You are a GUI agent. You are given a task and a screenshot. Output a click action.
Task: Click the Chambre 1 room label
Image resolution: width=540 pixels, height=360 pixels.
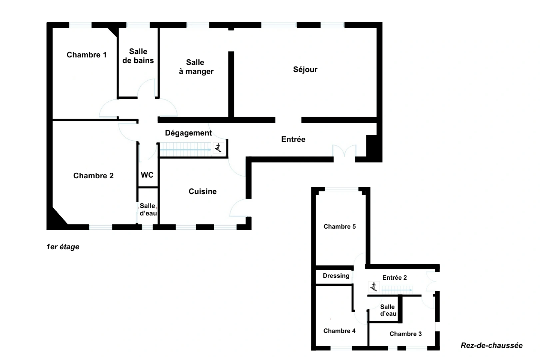coord(87,55)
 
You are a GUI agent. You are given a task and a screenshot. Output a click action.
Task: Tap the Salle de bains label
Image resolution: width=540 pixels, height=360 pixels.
coord(138,56)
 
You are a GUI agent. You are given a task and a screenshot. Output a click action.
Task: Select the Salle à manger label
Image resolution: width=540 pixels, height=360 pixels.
coord(196,67)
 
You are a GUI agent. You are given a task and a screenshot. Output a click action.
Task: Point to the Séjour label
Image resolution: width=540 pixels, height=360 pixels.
coord(305,69)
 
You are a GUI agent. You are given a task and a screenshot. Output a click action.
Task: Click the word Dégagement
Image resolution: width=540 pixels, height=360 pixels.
coord(188,133)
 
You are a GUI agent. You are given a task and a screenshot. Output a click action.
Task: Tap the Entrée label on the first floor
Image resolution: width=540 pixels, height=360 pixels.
coord(293,139)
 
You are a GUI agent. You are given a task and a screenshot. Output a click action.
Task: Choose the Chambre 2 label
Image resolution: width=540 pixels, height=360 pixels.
coord(93,176)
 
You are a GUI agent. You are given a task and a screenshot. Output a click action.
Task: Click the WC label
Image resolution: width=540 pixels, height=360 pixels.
coord(147,175)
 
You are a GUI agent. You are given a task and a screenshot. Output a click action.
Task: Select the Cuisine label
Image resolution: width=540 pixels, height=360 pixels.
coord(203,191)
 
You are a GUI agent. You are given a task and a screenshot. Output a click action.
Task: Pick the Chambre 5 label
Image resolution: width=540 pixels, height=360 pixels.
coord(339,227)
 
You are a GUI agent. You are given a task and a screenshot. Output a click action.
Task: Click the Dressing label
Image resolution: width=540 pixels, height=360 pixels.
coord(336,276)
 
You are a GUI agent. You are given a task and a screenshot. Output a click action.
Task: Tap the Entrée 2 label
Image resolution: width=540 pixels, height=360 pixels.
coord(394,278)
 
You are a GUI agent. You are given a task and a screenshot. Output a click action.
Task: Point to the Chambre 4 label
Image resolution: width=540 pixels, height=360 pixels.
coord(339,331)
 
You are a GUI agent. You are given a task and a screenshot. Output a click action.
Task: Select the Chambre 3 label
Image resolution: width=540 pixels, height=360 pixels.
coord(405,334)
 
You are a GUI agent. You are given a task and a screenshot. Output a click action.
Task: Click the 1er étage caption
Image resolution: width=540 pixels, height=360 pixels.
coord(63,247)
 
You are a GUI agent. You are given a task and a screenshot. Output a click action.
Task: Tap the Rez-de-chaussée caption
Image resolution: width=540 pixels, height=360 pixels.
coord(491,346)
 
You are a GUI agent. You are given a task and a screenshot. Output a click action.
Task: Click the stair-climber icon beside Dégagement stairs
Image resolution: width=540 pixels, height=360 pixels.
coord(218,148)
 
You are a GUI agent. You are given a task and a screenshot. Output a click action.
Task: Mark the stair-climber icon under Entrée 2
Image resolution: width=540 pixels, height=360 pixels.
coord(373,287)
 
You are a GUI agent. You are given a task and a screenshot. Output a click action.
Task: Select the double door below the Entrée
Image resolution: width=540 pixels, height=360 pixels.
coord(344,152)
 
